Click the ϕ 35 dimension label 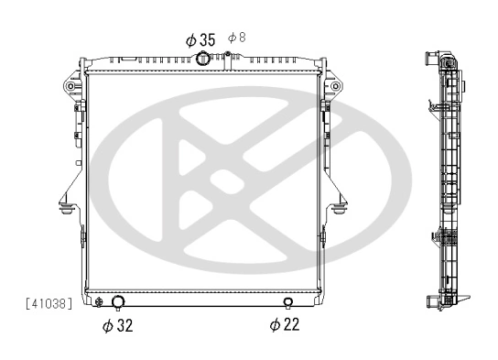pyautogui.click(x=200, y=39)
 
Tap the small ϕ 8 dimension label pyautogui.click(x=235, y=37)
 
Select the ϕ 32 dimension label pyautogui.click(x=117, y=325)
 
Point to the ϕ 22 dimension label pyautogui.click(x=286, y=324)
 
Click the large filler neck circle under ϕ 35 pyautogui.click(x=202, y=60)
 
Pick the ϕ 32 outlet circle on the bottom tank pyautogui.click(x=117, y=303)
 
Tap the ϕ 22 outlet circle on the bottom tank pyautogui.click(x=288, y=303)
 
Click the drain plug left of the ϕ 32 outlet pyautogui.click(x=98, y=303)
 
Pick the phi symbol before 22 pyautogui.click(x=274, y=324)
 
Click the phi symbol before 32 pyautogui.click(x=106, y=325)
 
